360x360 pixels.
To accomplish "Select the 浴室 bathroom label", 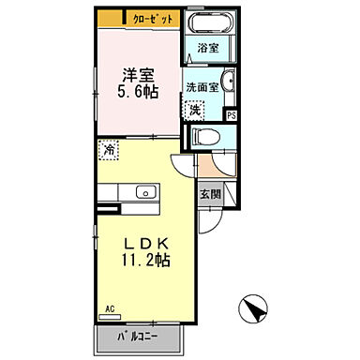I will (208, 48).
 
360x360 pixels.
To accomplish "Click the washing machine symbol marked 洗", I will (194, 110).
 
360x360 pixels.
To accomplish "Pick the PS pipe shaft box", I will (232, 115).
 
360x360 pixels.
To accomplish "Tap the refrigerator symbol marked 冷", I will (110, 148).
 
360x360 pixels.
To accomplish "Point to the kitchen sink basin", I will (145, 192).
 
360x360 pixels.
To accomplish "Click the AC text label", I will (109, 308).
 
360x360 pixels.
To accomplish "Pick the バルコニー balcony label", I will (138, 336).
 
